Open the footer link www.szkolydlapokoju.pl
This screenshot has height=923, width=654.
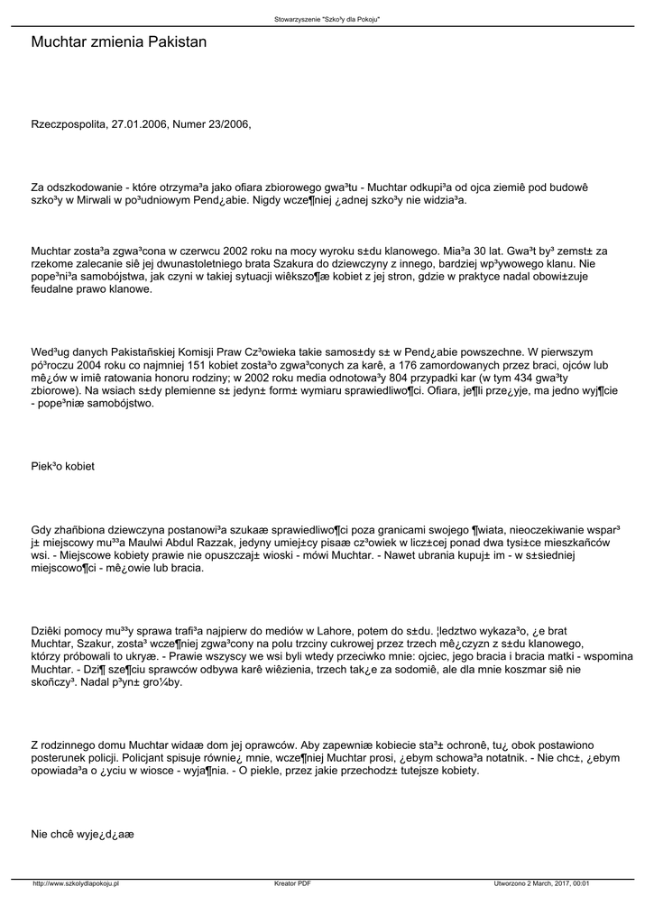[x=77, y=883]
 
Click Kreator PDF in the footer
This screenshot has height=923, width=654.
[x=293, y=883]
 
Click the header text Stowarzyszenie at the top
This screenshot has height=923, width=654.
[x=300, y=19]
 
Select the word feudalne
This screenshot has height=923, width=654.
[x=56, y=289]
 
